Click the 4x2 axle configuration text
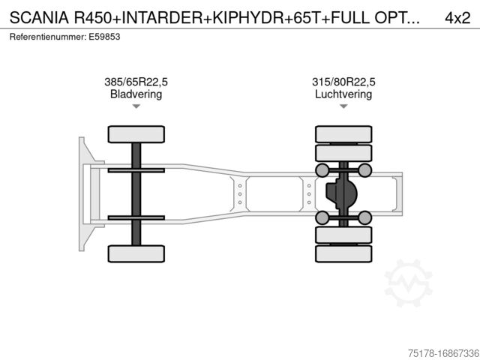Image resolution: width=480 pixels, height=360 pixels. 457,18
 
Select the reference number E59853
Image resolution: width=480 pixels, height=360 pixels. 104,37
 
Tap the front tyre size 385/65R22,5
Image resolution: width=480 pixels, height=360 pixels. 136,82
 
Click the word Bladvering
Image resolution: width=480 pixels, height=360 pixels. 136,94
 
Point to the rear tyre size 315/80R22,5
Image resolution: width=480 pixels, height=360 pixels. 343,82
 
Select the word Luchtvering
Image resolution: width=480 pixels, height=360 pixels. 343,94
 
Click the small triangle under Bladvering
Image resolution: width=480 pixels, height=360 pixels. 136,106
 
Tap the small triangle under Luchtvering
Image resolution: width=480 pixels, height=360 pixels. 343,106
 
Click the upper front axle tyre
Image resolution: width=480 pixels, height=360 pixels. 136,134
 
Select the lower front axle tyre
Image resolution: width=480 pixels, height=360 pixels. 136,253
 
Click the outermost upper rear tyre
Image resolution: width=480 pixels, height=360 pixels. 343,134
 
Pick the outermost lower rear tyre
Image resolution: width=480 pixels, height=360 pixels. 343,253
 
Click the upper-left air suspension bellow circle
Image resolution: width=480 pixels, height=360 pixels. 322,170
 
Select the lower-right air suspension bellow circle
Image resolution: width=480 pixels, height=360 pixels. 365,217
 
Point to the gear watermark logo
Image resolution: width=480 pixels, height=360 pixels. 408,283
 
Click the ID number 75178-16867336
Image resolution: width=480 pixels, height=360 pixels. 443,353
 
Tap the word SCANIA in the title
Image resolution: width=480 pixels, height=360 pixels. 39,18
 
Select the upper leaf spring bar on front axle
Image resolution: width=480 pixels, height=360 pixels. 136,170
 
